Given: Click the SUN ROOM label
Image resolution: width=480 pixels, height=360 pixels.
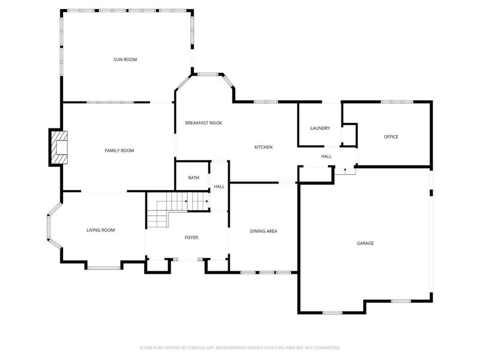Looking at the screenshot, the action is [x=125, y=59].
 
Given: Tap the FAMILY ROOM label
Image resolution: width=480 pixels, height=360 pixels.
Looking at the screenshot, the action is [x=119, y=151].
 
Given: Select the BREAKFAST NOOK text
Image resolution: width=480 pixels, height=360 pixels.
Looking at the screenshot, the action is [x=203, y=123].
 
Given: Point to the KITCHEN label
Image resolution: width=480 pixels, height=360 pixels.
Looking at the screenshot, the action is [x=263, y=147].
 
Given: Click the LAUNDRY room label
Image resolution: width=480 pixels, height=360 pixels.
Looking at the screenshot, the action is [x=320, y=128].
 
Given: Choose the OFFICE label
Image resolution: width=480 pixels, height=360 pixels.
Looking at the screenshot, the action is [x=391, y=137].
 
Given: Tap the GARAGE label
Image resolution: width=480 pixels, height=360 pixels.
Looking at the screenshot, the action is [x=365, y=243].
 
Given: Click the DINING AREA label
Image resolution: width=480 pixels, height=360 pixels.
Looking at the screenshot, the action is [x=263, y=231].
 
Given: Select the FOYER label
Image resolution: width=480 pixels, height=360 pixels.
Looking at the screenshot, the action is [x=191, y=237].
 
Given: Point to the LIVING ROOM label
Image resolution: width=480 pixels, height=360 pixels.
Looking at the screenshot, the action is [x=101, y=230].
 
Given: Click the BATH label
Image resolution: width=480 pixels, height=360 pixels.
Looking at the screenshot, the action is [x=194, y=178].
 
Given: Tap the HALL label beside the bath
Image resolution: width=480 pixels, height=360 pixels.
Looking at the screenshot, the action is [x=219, y=187].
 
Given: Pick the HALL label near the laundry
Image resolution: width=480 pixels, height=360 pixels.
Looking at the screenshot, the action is [x=326, y=157].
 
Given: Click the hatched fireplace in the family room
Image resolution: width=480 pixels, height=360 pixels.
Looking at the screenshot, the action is [x=59, y=148].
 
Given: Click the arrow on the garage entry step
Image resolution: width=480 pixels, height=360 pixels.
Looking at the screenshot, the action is [x=345, y=169].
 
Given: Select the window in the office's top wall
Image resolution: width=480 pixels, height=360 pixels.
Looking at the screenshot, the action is [x=397, y=101].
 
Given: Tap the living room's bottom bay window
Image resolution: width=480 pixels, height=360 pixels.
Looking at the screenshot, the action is [x=104, y=268].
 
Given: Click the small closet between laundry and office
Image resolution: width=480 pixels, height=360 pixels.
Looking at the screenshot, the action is [x=350, y=135].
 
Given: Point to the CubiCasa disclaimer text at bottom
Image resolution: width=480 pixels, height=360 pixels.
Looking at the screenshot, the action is [x=239, y=347].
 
